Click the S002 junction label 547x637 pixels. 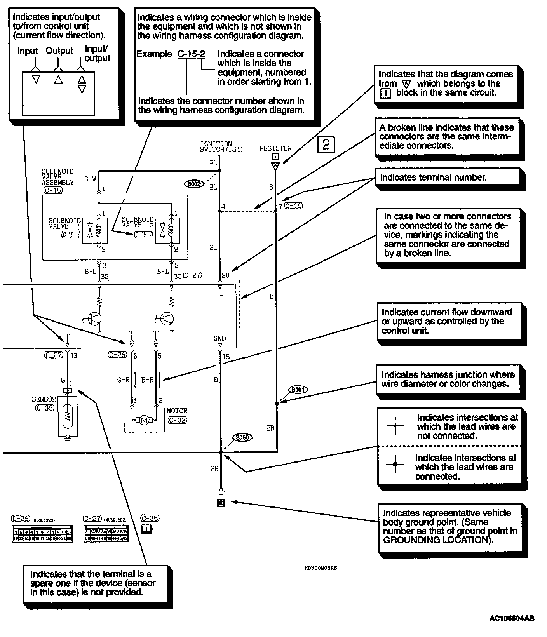pos(194,184)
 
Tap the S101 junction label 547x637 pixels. pos(298,389)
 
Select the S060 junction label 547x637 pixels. pos(243,437)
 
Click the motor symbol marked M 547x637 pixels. pos(144,420)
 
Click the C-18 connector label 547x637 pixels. pos(293,205)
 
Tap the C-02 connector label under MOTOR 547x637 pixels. pos(177,420)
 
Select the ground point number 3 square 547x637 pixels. pos(221,503)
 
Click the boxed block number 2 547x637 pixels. pos(326,144)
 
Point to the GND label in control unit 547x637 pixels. pos(219,338)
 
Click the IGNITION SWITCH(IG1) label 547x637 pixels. pos(216,146)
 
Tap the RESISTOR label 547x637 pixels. pos(275,148)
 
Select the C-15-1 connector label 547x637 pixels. pos(71,235)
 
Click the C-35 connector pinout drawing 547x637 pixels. pos(147,529)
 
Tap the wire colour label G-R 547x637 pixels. pos(123,380)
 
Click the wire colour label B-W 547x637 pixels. pos(90,179)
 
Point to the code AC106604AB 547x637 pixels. pos(512,618)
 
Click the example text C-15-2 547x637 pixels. pos(191,54)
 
